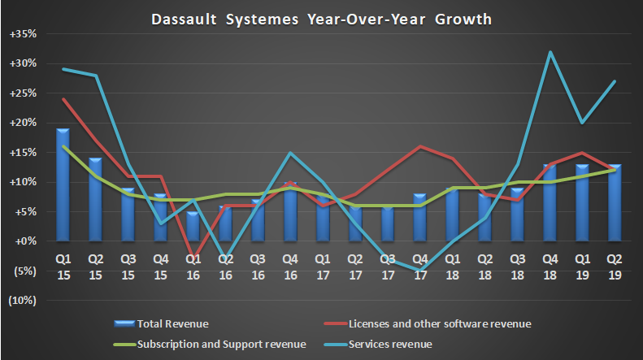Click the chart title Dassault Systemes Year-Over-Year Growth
pyautogui.click(x=321, y=18)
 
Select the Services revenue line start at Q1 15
pyautogui.click(x=63, y=69)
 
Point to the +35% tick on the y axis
pyautogui.click(x=24, y=34)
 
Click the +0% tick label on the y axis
pyautogui.click(x=25, y=241)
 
